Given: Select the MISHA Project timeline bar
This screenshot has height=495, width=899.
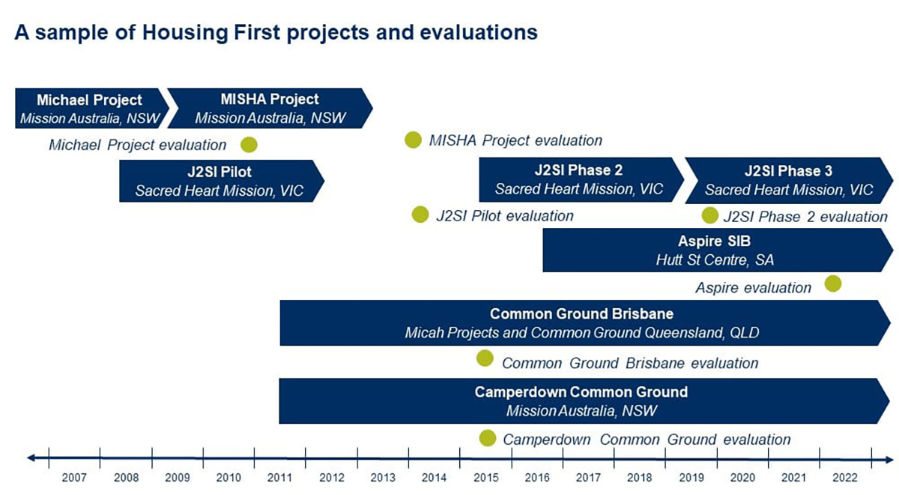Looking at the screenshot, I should coord(270,108).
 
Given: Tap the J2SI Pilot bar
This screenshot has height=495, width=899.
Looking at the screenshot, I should coord(220,181).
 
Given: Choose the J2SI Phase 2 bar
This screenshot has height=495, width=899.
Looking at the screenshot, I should coord(579,180).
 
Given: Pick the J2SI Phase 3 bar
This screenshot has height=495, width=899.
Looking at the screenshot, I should coord(788,180).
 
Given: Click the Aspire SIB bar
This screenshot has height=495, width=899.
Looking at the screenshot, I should coord(714,250).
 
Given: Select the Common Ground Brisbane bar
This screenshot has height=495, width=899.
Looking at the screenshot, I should coord(581,322).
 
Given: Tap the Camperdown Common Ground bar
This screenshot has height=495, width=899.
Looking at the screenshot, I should coord(581,401).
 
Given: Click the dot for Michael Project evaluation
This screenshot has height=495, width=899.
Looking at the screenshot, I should coord(249,145).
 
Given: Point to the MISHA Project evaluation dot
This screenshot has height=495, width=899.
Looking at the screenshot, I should coord(413,139).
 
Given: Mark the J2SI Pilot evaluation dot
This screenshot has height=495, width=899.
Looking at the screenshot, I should coord(420,215).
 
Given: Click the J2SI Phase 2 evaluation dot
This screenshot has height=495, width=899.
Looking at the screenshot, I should coord(709,216).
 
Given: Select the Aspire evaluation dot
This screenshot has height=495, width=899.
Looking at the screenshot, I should coord(832,283).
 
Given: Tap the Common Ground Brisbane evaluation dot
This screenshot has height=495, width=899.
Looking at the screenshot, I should coord(485,358).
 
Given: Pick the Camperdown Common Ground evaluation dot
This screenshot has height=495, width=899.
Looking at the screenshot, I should coord(487,438).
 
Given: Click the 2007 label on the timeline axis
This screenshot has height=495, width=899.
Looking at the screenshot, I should coord(74,477).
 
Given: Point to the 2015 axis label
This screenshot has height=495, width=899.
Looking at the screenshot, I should coord(486,477).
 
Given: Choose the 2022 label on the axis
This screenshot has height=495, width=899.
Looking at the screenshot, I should coord(846,477).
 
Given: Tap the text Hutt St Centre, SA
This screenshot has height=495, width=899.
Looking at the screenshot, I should coord(714,260).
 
